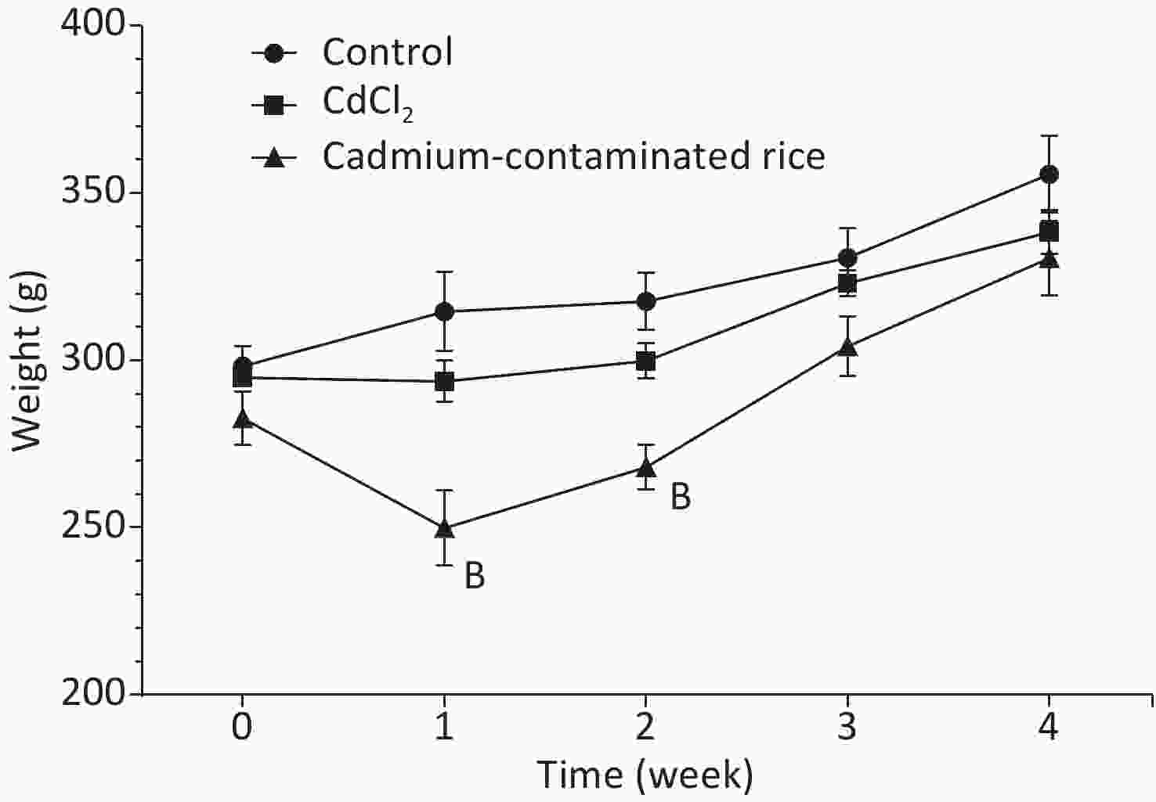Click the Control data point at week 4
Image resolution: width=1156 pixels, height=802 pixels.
pos(1049,174)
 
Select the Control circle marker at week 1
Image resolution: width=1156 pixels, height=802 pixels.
pos(444,311)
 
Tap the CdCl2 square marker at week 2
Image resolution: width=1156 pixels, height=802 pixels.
pos(645,361)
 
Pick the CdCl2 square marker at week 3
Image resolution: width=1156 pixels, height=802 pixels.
pos(847,283)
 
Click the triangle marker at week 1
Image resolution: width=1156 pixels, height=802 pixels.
pos(444,529)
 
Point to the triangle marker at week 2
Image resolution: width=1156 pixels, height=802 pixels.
pos(645,468)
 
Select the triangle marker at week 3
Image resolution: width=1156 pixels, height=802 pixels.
pos(847,346)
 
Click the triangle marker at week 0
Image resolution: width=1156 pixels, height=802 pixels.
pos(243,419)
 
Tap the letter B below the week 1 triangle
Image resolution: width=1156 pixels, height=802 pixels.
pos(475,576)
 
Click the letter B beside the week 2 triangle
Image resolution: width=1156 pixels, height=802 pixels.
pos(681,497)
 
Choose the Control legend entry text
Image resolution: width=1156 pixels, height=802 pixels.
pos(387,52)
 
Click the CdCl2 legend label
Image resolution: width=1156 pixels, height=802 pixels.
pos(367,104)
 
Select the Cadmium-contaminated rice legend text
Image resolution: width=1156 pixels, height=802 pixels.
pos(573,156)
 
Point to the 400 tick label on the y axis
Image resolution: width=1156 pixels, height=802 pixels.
pos(92,25)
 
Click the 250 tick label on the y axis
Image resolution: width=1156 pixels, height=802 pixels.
pos(92,527)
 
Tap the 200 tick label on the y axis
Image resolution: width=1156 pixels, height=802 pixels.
pos(92,693)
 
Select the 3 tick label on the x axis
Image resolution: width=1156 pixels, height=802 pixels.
pos(847,728)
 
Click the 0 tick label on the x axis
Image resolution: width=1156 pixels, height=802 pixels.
pos(243,728)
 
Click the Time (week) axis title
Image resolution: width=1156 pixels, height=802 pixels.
pos(645,775)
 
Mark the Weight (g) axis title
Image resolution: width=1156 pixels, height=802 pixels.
pos(27,361)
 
